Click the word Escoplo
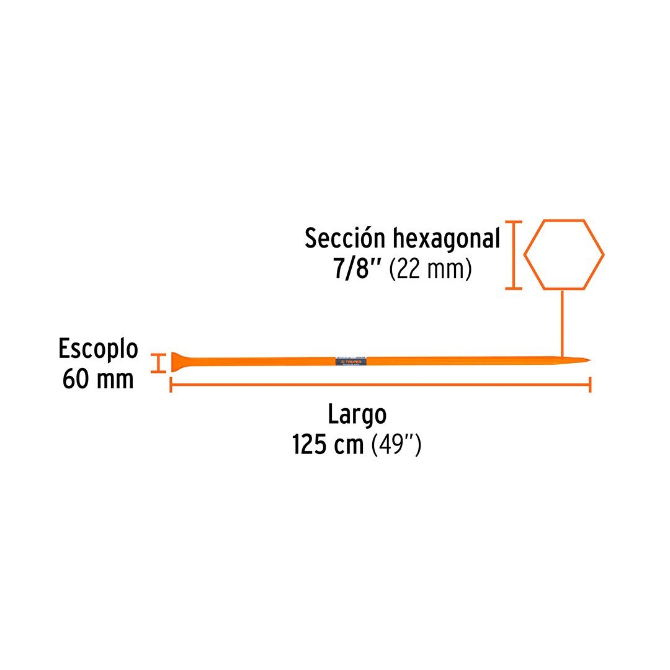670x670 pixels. coord(98,349)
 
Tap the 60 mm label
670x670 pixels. coord(98,379)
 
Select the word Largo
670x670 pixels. coord(357,414)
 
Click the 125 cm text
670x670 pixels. coord(328,445)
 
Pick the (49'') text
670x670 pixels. coord(396,445)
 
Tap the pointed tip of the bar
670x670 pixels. coord(587,360)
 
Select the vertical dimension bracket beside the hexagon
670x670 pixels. coord(513,254)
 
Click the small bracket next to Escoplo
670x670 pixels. coord(160,363)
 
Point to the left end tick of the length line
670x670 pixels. coord(171,385)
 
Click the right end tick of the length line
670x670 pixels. coord(590,385)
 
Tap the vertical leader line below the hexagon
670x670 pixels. coord(562,323)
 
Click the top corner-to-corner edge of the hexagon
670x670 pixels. coord(564,220)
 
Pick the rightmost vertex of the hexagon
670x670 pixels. coord(604,254)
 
